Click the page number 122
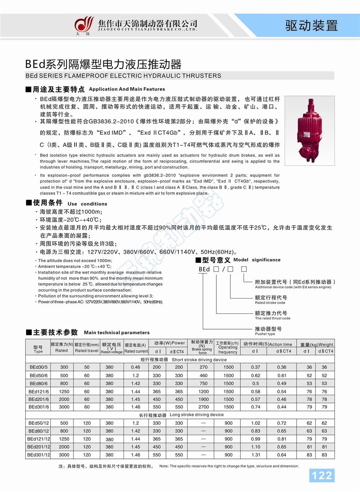[x=322, y=475]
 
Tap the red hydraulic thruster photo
[x=309, y=130]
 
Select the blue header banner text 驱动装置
[x=312, y=26]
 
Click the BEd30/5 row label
[x=39, y=367]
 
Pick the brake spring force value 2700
[x=203, y=407]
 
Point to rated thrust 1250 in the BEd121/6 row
[x=64, y=392]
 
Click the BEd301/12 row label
[x=39, y=455]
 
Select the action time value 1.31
[x=256, y=455]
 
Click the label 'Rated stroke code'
[x=270, y=303]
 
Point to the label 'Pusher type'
[x=265, y=334]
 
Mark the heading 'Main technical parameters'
[x=117, y=332]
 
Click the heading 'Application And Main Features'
[x=127, y=89]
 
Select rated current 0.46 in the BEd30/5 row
[x=136, y=367]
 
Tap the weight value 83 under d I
[x=309, y=455]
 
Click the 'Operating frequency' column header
[x=228, y=348]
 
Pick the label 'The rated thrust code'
[x=273, y=318]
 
